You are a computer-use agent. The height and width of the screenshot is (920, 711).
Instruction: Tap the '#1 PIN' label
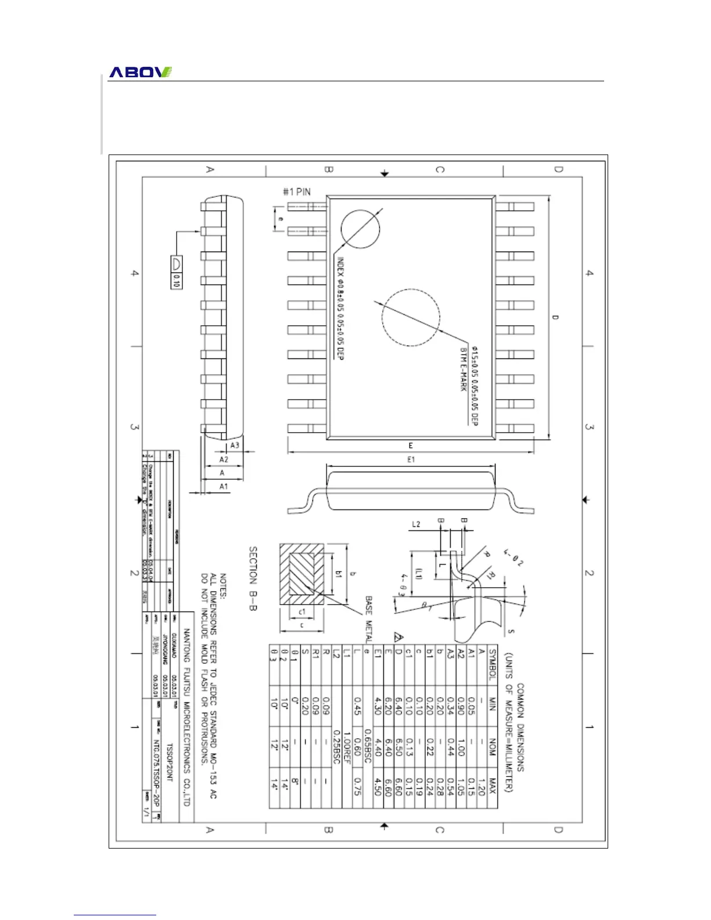point(297,192)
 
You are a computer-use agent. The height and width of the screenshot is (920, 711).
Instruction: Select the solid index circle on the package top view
point(360,229)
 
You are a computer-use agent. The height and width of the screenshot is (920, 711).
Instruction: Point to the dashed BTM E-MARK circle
point(411,317)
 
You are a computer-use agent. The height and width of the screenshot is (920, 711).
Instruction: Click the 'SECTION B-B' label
point(253,578)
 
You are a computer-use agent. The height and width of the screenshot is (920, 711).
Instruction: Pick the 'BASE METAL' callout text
point(369,619)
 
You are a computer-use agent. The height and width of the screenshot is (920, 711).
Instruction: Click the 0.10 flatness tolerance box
point(176,281)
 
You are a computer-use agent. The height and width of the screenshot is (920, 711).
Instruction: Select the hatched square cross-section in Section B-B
point(301,574)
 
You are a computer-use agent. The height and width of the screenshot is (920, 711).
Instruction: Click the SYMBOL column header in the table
point(492,664)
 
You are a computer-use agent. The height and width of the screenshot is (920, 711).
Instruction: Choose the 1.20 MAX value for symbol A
point(481,787)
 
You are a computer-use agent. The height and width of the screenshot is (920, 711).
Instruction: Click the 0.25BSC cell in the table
point(336,746)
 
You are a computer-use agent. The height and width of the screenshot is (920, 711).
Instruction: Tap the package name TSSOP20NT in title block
point(170,762)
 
